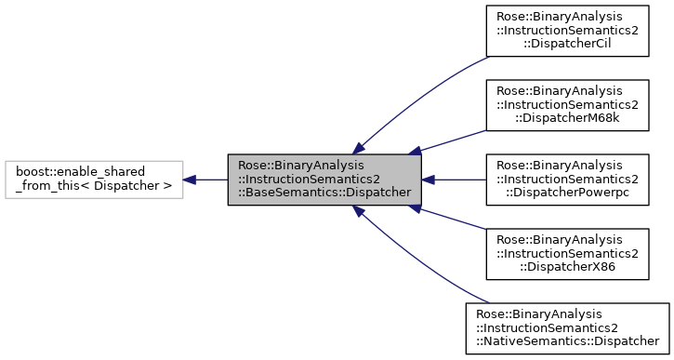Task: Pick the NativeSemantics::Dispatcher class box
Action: (x=567, y=327)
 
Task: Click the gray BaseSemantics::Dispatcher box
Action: (x=324, y=179)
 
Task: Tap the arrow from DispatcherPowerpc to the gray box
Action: (x=454, y=179)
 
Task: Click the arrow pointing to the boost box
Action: (x=205, y=179)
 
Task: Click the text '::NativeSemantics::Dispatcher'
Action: (x=567, y=340)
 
